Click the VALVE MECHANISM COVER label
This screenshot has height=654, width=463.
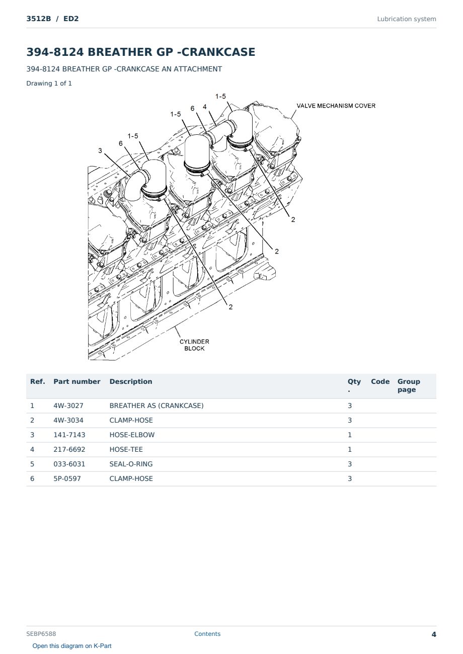tap(336, 106)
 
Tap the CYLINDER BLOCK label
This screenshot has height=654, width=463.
tap(194, 345)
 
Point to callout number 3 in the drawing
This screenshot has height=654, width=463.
tap(100, 150)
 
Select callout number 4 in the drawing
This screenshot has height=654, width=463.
tap(204, 107)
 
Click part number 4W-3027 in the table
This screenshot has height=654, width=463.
tap(68, 405)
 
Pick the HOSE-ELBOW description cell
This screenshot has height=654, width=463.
tap(132, 435)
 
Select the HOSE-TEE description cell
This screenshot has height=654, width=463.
tap(126, 449)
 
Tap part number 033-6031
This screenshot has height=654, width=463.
tap(69, 464)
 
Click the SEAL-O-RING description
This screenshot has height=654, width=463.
tap(131, 464)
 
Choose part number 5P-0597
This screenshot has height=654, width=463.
tap(67, 478)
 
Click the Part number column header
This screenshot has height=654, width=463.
tap(77, 382)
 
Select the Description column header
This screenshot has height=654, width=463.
tap(131, 382)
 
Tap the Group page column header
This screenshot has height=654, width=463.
tap(409, 385)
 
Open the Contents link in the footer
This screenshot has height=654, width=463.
tap(207, 634)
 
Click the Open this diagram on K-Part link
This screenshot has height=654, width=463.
tap(72, 646)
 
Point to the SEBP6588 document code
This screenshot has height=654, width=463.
tap(41, 634)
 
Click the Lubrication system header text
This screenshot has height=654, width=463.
tap(407, 19)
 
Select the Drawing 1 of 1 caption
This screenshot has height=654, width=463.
tap(49, 84)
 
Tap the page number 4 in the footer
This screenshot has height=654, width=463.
tap(434, 634)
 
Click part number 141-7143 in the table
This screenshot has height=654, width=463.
tap(69, 435)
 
